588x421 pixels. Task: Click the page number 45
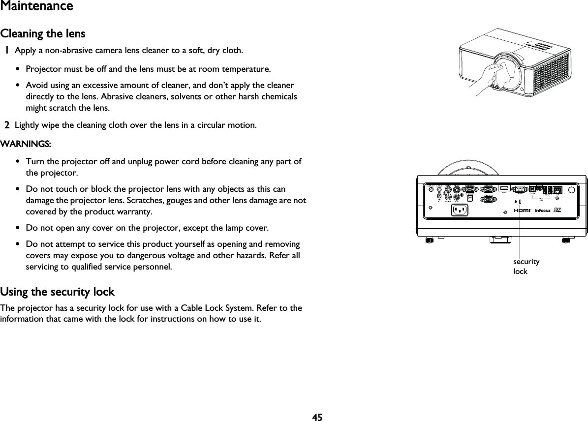(x=317, y=417)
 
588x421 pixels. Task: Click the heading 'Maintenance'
(x=36, y=6)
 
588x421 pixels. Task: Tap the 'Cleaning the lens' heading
(x=43, y=34)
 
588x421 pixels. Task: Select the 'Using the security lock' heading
(x=57, y=292)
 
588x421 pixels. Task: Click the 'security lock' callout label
(x=526, y=266)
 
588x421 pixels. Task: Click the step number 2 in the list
(x=7, y=125)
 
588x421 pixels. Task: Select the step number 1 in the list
(x=7, y=50)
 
